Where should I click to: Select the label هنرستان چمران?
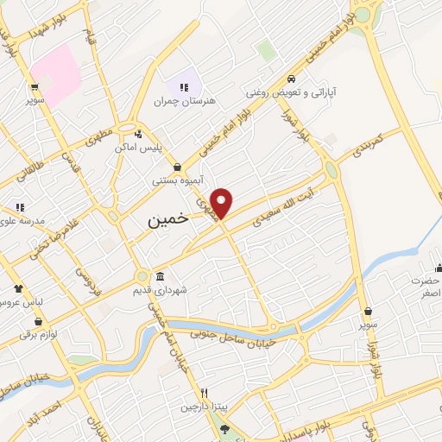(x=177, y=101)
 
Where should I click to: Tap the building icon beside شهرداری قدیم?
(x=160, y=277)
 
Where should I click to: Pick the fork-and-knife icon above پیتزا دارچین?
(x=204, y=393)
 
